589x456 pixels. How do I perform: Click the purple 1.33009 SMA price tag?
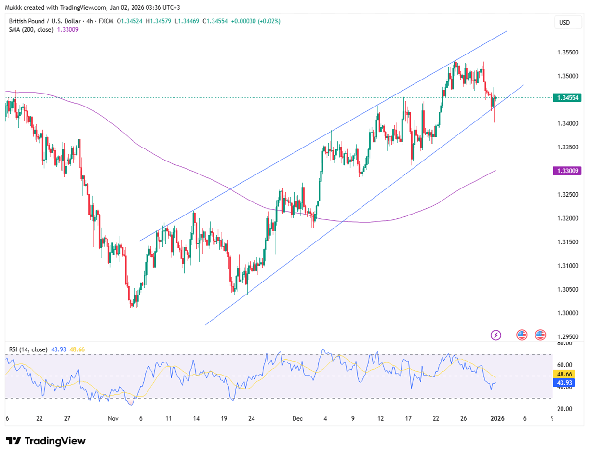tap(569, 171)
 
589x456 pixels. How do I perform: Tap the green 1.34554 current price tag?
tap(569, 98)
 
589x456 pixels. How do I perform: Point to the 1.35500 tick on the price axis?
tap(568, 52)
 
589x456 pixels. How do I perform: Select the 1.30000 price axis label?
tap(568, 313)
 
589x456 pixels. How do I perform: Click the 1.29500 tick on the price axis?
tap(568, 336)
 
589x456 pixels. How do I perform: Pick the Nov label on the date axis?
tap(113, 419)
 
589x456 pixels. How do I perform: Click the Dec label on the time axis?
tap(297, 419)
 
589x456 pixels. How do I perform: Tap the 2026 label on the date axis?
tap(497, 419)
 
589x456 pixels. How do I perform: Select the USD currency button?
tap(564, 22)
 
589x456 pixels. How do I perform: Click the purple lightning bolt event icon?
tap(496, 335)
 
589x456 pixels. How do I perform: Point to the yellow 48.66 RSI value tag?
tap(569, 374)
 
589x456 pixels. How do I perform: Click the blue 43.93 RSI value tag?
tap(569, 383)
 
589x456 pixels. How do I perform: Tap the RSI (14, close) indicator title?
tap(28, 349)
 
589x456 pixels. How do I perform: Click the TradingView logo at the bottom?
tap(46, 441)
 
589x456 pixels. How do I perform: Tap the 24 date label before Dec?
tap(252, 419)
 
